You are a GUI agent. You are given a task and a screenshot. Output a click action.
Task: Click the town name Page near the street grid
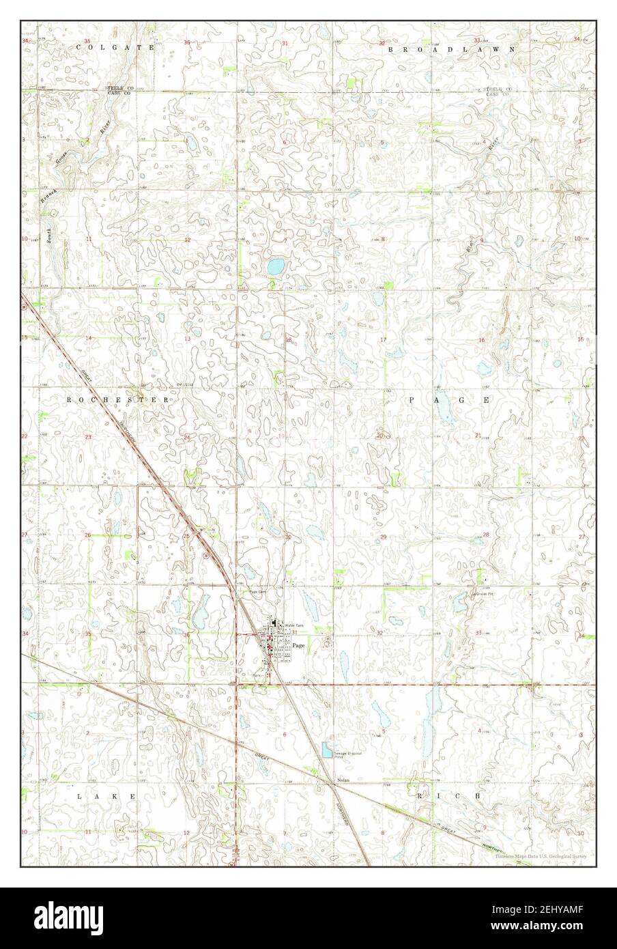click(x=298, y=645)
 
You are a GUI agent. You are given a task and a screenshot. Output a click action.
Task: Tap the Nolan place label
click(x=343, y=780)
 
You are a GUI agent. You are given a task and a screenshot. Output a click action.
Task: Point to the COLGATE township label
click(x=115, y=47)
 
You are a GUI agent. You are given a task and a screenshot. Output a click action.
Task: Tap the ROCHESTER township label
click(x=117, y=399)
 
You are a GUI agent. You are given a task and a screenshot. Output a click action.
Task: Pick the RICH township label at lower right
click(x=449, y=796)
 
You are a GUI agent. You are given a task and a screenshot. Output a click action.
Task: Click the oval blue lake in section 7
click(x=276, y=266)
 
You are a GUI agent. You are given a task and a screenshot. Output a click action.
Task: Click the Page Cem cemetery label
click(x=256, y=591)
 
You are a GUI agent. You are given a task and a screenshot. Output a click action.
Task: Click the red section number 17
click(x=384, y=339)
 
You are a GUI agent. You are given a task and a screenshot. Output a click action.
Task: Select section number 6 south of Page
click(x=284, y=734)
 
